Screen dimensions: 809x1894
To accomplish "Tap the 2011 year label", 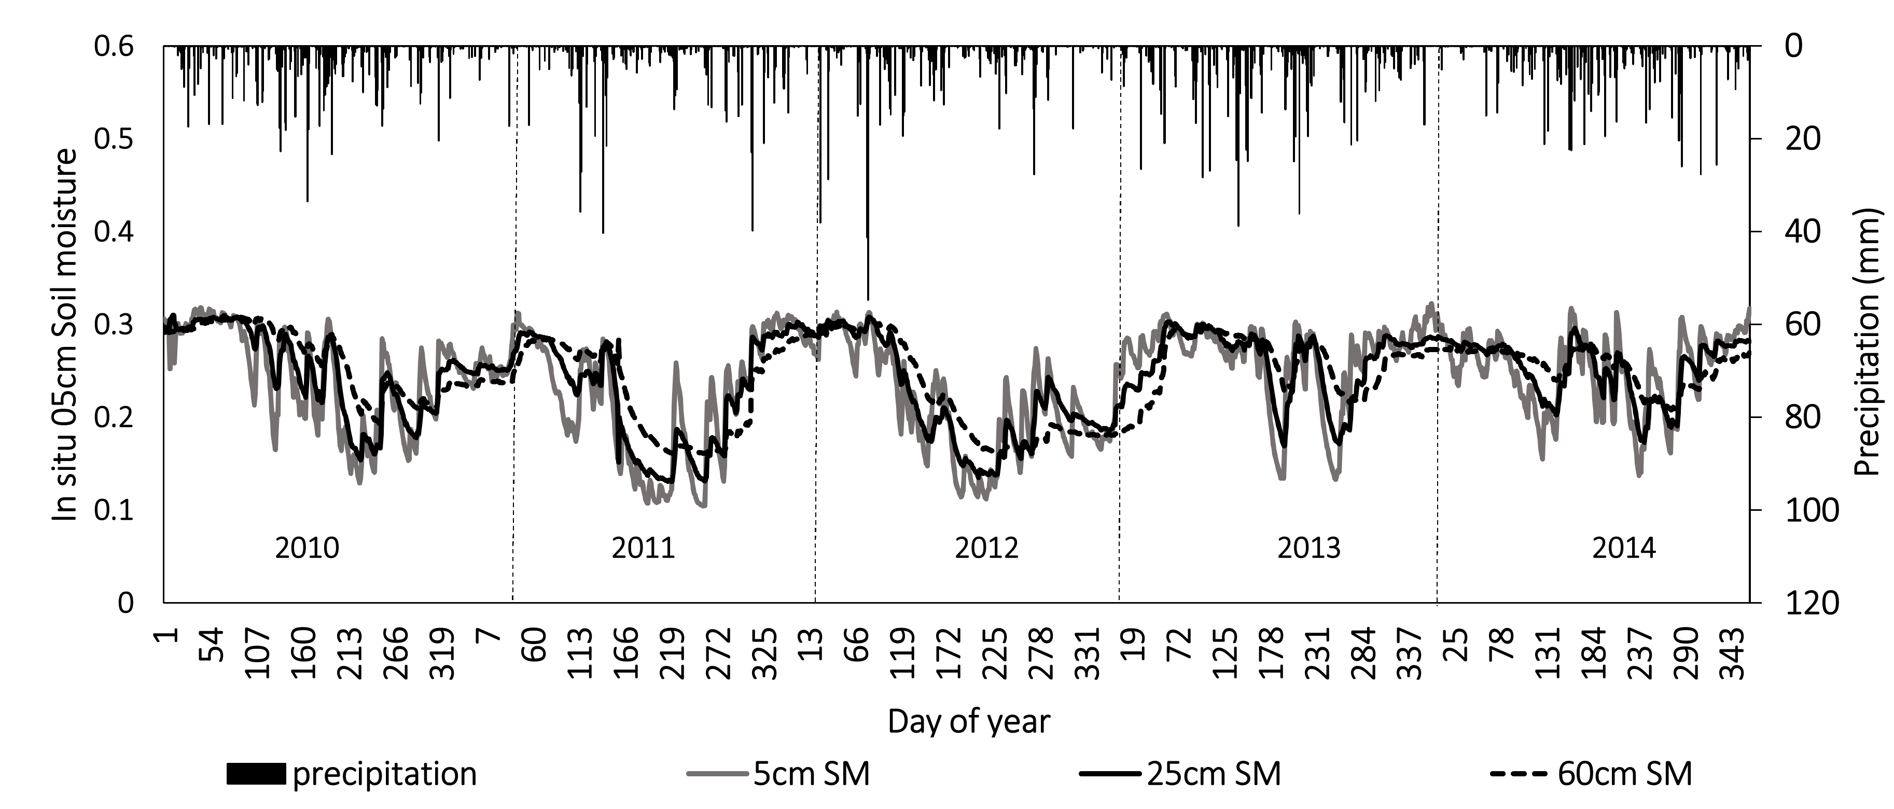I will (643, 549).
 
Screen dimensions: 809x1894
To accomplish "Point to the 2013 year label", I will (1309, 549).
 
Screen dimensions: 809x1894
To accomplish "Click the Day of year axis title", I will (969, 721).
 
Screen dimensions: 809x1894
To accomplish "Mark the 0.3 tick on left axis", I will (114, 324).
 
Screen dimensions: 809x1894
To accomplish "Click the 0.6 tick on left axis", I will (114, 46).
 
